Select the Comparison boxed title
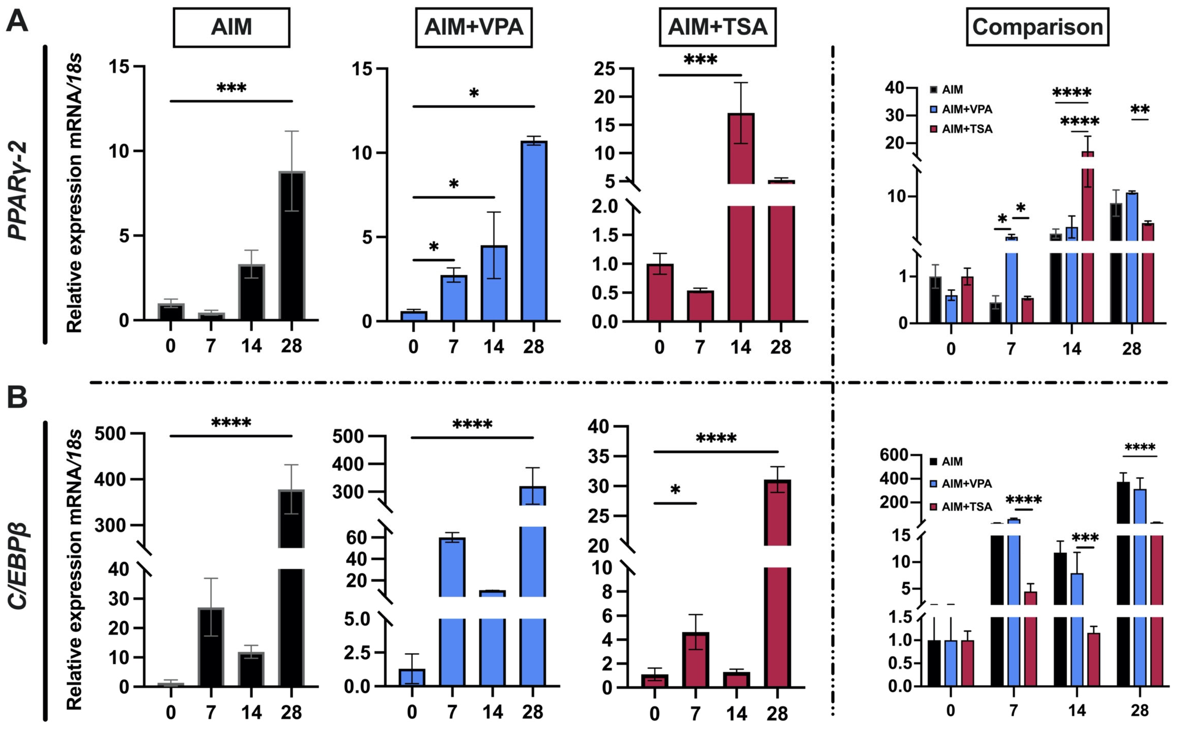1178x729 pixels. tap(1037, 27)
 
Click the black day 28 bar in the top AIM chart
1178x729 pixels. tap(292, 246)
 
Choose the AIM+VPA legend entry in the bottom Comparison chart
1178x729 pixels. tap(966, 484)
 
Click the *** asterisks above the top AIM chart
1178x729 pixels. tap(231, 88)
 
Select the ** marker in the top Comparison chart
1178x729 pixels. tap(1140, 110)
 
